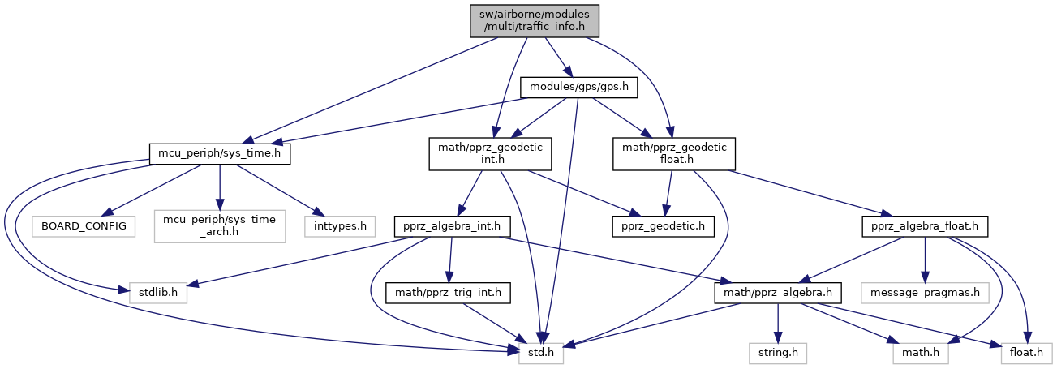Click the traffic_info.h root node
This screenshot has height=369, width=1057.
click(535, 20)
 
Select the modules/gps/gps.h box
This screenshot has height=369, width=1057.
click(578, 85)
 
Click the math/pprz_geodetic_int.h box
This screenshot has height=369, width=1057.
click(490, 154)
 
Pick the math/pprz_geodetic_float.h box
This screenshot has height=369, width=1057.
click(674, 154)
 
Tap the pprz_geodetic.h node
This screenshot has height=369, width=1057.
click(662, 225)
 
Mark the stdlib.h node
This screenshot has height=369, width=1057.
click(157, 289)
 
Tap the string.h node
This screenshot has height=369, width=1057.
click(777, 353)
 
